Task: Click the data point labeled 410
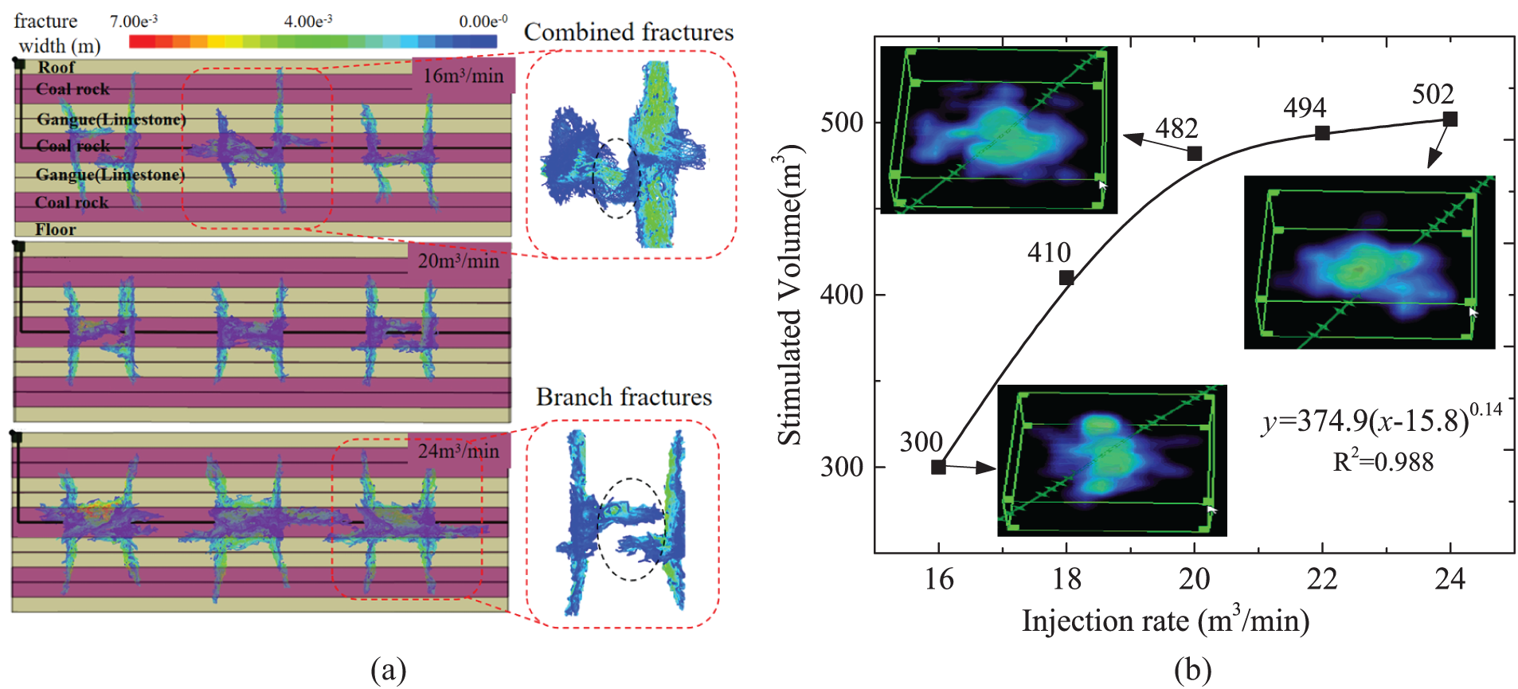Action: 1066,278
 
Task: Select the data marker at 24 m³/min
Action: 1450,119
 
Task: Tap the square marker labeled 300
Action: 938,467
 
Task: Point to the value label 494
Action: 1305,108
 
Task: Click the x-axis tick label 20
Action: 1194,579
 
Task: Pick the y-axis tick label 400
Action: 842,295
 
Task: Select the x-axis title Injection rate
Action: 1165,621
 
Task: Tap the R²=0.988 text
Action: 1383,462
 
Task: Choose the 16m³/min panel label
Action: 463,76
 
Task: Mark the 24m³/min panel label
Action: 459,451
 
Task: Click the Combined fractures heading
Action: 628,32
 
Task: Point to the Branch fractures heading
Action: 624,397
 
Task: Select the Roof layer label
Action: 57,68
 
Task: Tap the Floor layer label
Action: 56,229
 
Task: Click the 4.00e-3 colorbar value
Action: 308,21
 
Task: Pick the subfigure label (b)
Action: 1192,671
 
